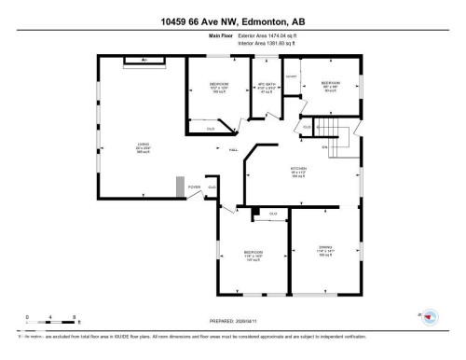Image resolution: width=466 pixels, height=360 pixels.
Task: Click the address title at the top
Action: pos(232,21)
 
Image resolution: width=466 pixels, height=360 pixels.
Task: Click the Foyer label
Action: pos(194,187)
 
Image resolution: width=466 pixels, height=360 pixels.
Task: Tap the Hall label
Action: pos(222,149)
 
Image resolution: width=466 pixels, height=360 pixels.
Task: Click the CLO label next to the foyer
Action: pos(212,187)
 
